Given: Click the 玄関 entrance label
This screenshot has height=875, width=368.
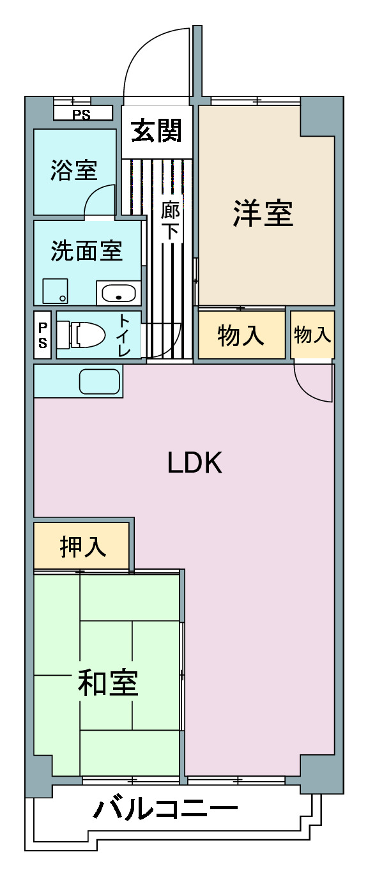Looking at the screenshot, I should (157, 131).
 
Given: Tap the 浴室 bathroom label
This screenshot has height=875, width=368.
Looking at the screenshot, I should (74, 171).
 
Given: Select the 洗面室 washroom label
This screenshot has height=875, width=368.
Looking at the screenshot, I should (87, 251).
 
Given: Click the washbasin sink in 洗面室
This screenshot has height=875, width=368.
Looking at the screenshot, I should (119, 294).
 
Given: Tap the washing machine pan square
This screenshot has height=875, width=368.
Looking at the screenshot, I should (55, 291).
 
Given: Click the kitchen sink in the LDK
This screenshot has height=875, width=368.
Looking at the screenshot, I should (99, 381).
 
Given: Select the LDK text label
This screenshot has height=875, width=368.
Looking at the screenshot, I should (194, 463).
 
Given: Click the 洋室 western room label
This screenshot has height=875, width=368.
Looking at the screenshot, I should (263, 213).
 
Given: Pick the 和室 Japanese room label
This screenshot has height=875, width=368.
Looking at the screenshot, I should (107, 683).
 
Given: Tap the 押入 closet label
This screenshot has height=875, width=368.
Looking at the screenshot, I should (82, 547).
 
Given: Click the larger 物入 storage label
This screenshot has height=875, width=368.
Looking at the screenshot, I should (241, 335).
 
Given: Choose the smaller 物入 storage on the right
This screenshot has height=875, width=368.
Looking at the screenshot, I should (312, 334).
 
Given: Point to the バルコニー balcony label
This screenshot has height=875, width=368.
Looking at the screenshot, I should (165, 810).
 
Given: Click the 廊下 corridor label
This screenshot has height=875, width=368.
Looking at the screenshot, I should (170, 220).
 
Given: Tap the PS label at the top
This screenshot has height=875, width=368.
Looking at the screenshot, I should (81, 116).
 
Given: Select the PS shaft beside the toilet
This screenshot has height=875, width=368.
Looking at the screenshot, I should (43, 335).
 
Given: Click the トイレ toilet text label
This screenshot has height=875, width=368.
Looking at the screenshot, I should (125, 335).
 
